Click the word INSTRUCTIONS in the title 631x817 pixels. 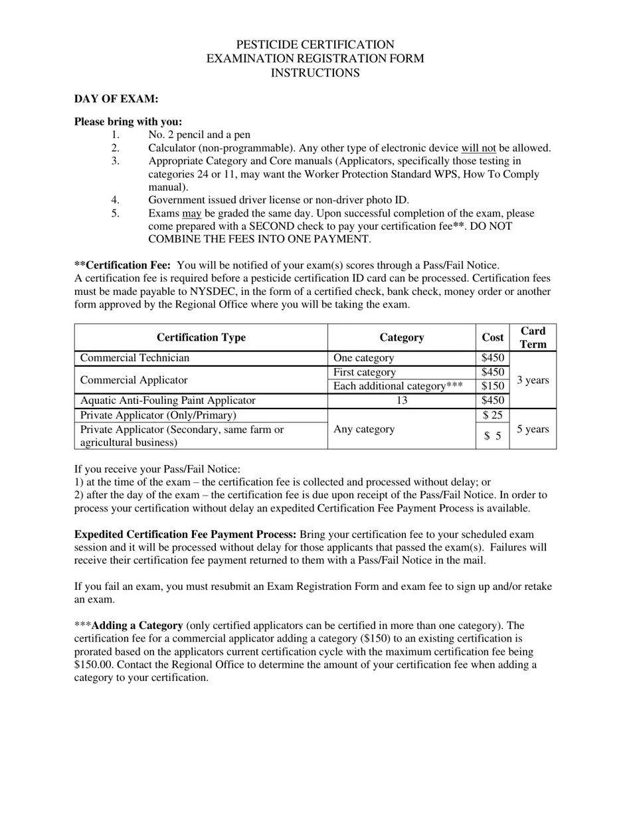point(315,73)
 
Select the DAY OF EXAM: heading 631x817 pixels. point(116,99)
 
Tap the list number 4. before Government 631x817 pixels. point(115,200)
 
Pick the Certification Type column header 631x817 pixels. point(201,337)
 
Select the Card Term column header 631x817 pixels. point(533,337)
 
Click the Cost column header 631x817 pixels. point(492,337)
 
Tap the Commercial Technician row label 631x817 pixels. point(135,358)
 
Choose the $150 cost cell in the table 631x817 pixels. point(492,387)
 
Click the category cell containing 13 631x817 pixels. point(401,401)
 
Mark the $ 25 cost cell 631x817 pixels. point(492,415)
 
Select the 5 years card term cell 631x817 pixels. point(533,429)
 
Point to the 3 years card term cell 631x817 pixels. point(533,380)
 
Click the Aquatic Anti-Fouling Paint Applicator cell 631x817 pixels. point(167,401)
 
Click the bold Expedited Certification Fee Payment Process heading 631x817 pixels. point(185,535)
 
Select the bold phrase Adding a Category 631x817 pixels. point(137,626)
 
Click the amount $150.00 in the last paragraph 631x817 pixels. point(94,665)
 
